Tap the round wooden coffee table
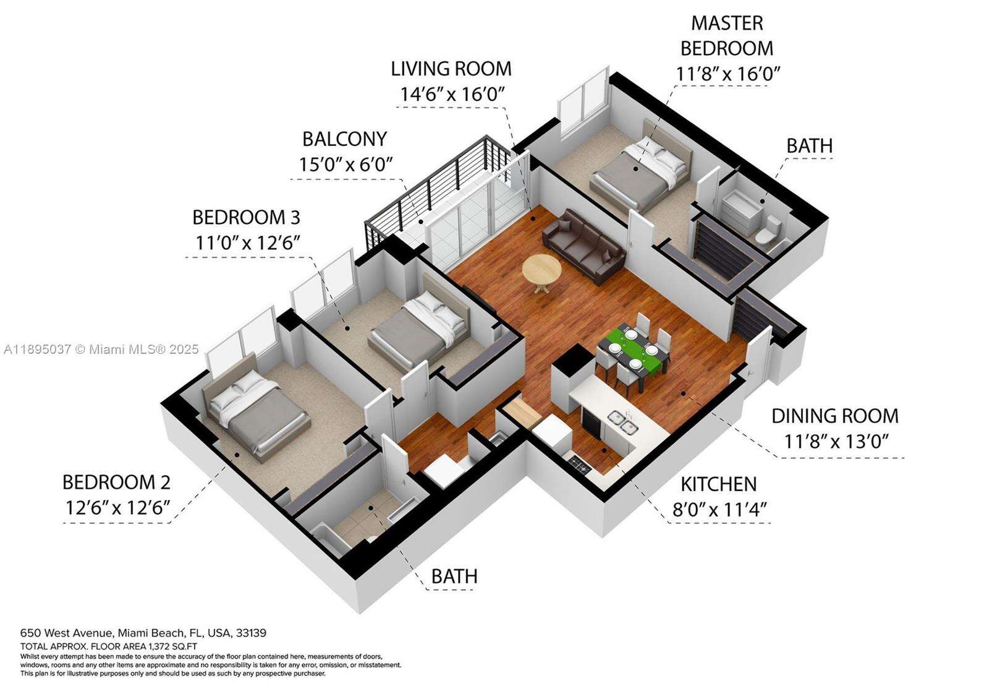point(542,270)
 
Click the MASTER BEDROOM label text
point(727,35)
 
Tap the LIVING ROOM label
point(451,69)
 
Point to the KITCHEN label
point(718,484)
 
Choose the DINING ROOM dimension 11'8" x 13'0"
point(836,442)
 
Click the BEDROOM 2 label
point(116,482)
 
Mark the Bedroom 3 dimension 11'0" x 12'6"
point(248,242)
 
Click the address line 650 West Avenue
point(143,633)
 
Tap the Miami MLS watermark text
point(101,349)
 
